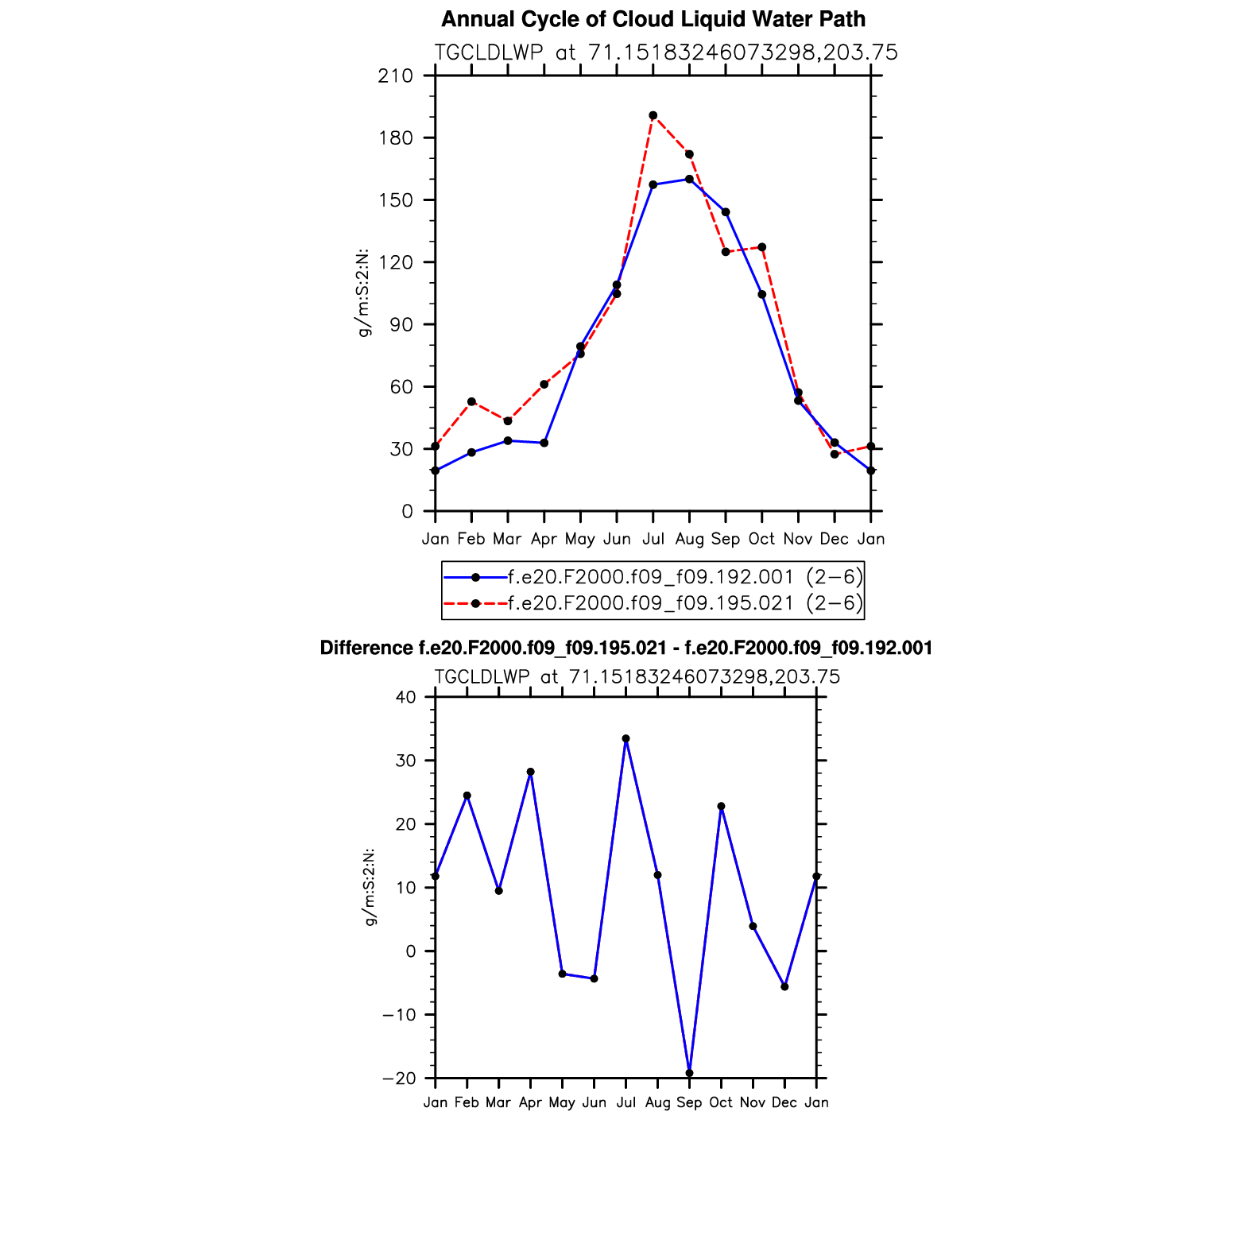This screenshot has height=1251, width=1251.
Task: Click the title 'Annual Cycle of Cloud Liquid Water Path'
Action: tap(653, 19)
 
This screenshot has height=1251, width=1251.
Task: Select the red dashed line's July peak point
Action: tap(653, 115)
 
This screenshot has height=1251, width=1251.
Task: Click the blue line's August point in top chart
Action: tap(689, 179)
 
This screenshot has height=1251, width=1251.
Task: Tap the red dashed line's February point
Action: tap(471, 401)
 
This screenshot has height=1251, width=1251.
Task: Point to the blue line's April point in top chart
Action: tap(544, 443)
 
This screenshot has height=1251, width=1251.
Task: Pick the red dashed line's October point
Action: tap(762, 247)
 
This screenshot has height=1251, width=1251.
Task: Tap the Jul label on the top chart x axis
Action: tap(653, 539)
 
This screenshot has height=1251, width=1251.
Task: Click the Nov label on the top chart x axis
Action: tap(798, 539)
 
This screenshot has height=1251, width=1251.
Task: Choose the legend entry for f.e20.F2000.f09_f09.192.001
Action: tap(652, 577)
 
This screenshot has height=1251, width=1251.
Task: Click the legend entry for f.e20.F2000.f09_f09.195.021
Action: tap(652, 603)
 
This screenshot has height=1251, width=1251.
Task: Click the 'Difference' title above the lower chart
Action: tap(625, 649)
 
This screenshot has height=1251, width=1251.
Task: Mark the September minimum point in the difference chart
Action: tap(689, 1073)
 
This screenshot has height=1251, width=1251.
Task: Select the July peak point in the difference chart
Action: tap(625, 738)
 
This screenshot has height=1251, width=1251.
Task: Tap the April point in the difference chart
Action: tap(530, 772)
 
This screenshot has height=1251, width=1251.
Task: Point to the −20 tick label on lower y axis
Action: tap(399, 1079)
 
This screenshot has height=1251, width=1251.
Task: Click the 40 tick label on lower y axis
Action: tap(405, 697)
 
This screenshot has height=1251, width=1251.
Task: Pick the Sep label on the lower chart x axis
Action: tap(689, 1103)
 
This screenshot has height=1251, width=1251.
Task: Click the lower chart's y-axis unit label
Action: tap(370, 887)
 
